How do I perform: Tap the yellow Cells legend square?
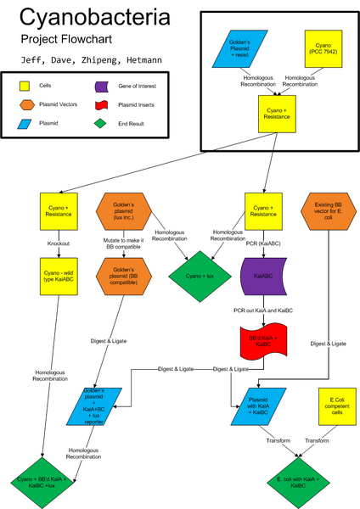[26, 86]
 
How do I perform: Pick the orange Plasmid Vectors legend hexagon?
[26, 109]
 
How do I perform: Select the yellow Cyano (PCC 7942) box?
[323, 48]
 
